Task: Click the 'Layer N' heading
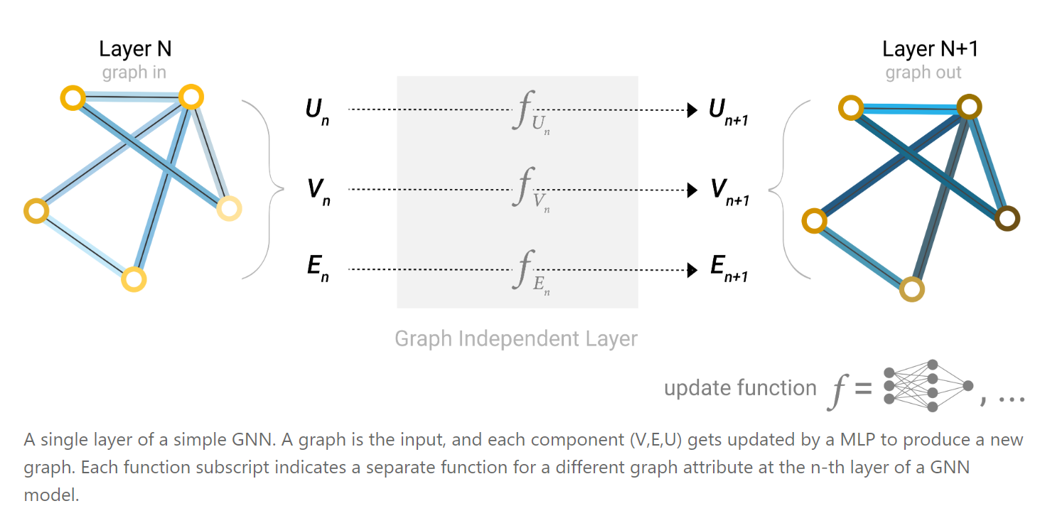click(x=135, y=49)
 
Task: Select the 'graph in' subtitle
click(x=134, y=72)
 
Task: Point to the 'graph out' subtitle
click(x=923, y=72)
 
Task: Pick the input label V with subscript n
click(x=316, y=191)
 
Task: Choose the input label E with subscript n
click(x=316, y=271)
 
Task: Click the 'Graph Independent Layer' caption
click(x=516, y=338)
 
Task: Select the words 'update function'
click(x=740, y=388)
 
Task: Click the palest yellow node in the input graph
click(x=229, y=208)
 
